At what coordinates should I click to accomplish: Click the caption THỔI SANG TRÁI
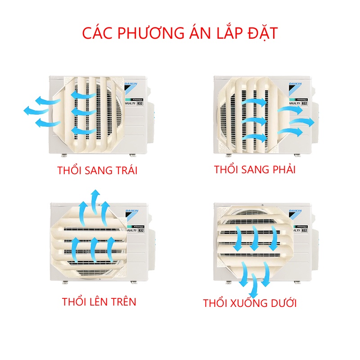[97, 171]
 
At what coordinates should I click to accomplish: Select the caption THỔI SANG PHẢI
[255, 170]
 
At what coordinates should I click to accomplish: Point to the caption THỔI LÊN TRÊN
[99, 301]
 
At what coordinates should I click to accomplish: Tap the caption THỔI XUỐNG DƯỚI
[250, 303]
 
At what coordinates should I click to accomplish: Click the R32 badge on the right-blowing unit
[304, 103]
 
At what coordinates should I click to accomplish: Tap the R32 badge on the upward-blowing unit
[141, 230]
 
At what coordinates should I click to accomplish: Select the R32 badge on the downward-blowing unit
[304, 230]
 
